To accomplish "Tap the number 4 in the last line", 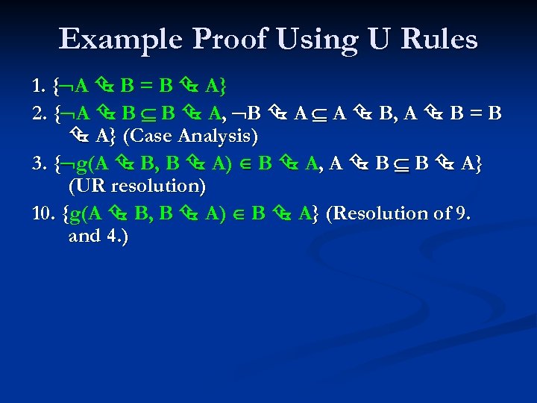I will click(x=116, y=237).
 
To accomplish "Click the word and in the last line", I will click(x=84, y=237).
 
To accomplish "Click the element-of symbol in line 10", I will click(x=238, y=213).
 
